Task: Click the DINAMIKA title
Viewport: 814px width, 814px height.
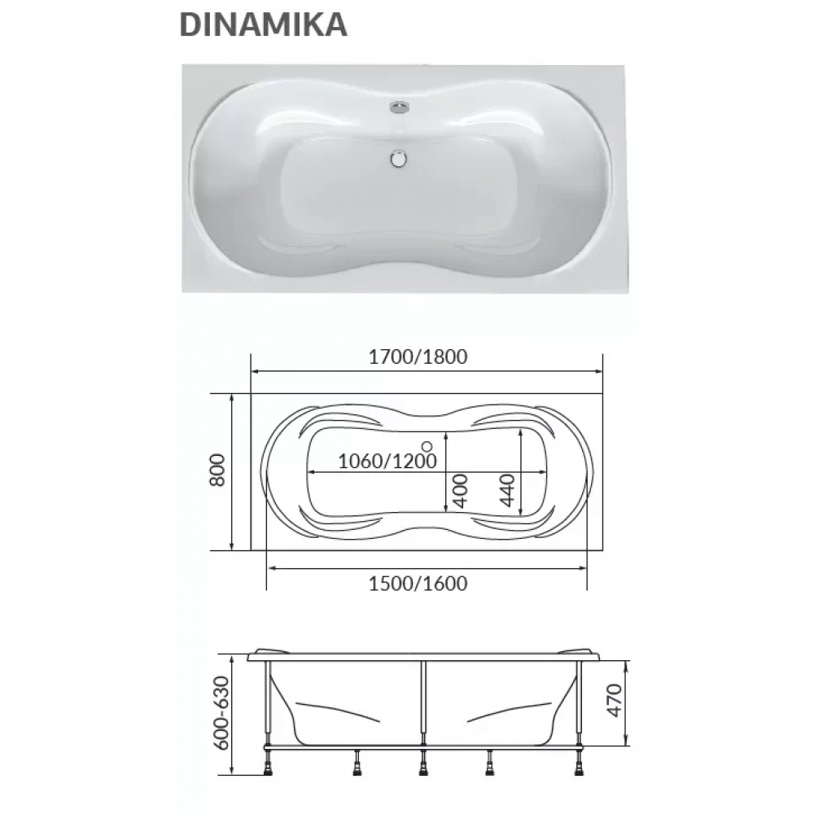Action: pyautogui.click(x=263, y=24)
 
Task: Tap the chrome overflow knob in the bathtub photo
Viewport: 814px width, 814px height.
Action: pyautogui.click(x=399, y=107)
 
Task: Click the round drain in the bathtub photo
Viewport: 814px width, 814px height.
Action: pyautogui.click(x=399, y=159)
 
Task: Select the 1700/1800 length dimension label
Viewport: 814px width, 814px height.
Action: pyautogui.click(x=418, y=357)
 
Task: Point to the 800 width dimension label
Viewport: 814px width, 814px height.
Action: pyautogui.click(x=217, y=470)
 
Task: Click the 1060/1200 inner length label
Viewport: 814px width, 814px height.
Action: pyautogui.click(x=387, y=461)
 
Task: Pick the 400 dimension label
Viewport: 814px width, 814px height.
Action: pyautogui.click(x=460, y=490)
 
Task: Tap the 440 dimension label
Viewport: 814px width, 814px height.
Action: pyautogui.click(x=506, y=490)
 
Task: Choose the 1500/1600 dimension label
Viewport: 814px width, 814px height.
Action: pyautogui.click(x=418, y=584)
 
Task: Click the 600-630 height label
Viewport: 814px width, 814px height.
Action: pyautogui.click(x=221, y=712)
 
